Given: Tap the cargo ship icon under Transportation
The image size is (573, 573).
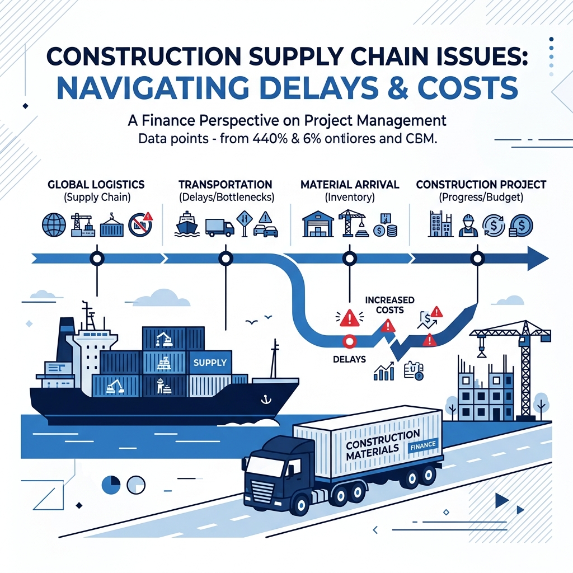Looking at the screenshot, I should click(186, 224).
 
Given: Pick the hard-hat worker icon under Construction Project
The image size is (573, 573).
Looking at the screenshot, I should click(466, 225).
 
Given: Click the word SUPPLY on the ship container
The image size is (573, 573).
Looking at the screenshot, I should click(210, 363).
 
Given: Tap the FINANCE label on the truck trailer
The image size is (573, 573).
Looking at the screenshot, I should click(423, 446).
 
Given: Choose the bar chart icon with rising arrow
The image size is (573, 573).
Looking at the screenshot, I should click(384, 370).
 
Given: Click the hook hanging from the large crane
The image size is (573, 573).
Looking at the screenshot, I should click(480, 351).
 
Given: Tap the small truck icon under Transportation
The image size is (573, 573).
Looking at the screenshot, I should click(219, 226).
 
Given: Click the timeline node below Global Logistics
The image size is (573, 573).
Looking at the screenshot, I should click(97, 259).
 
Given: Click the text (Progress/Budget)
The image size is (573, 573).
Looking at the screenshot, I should click(481, 197).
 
